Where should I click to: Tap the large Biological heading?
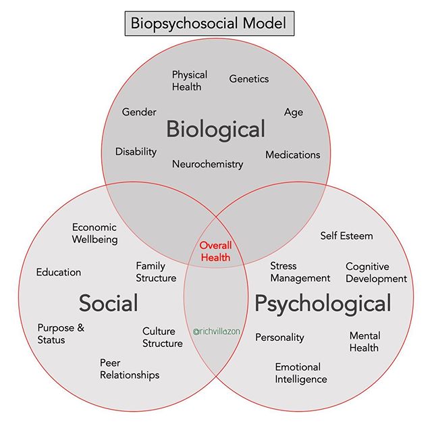216,128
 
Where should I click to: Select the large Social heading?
108,303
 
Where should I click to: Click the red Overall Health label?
215,251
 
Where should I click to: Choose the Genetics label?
249,79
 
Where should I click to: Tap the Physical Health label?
189,80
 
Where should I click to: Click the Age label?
294,112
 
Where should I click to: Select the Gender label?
139,112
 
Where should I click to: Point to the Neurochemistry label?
207,163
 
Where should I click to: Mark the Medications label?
292,155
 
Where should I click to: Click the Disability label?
136,151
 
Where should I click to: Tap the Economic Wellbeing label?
94,233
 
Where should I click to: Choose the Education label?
59,272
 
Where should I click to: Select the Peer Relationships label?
130,369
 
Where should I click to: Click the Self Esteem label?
346,236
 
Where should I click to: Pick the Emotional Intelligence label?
300,373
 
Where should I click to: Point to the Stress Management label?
300,272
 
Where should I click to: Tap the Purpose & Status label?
61,333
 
